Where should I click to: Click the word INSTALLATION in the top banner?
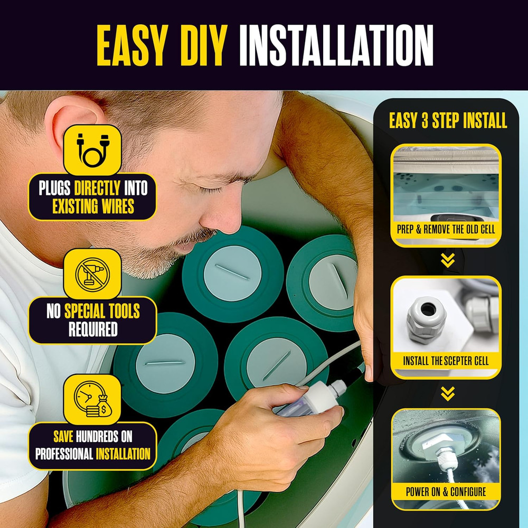tap(336, 45)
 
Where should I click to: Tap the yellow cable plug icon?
tap(92, 150)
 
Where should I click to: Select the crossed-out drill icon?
tap(92, 274)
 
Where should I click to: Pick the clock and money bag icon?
tap(92, 399)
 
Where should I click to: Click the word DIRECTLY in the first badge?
tap(97, 188)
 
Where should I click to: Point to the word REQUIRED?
tap(93, 329)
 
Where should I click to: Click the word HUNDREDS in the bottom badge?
tap(97, 437)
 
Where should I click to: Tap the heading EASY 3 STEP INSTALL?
tap(448, 120)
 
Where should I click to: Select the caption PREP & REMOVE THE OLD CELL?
tap(446, 230)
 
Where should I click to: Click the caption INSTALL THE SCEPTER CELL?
tap(446, 361)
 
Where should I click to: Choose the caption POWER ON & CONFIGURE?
tap(446, 492)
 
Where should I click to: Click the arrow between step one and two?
tap(448, 260)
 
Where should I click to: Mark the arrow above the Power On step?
tap(448, 393)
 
